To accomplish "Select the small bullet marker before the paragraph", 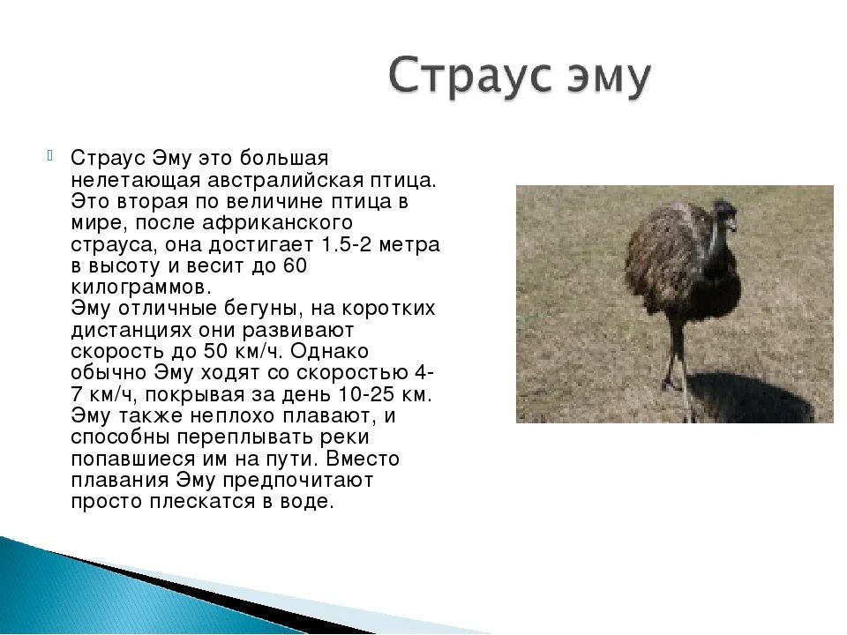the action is click(x=49, y=156).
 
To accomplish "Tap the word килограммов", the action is click(x=141, y=288).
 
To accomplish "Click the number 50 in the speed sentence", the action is click(x=215, y=352).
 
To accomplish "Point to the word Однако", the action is click(x=329, y=352).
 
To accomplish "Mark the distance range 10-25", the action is click(x=366, y=395).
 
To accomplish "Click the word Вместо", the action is click(x=363, y=459).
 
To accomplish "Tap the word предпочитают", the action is click(x=297, y=481).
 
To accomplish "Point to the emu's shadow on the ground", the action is click(x=751, y=397).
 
